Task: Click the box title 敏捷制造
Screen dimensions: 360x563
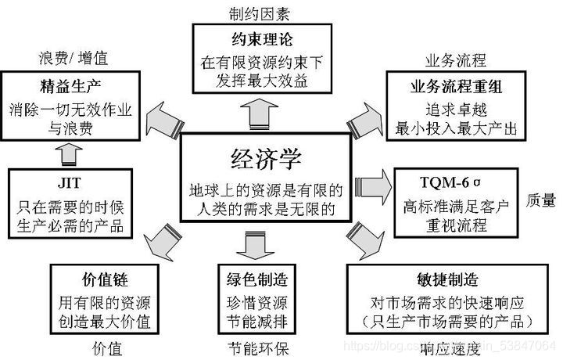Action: (x=448, y=279)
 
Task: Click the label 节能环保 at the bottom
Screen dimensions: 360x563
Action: (x=260, y=347)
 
